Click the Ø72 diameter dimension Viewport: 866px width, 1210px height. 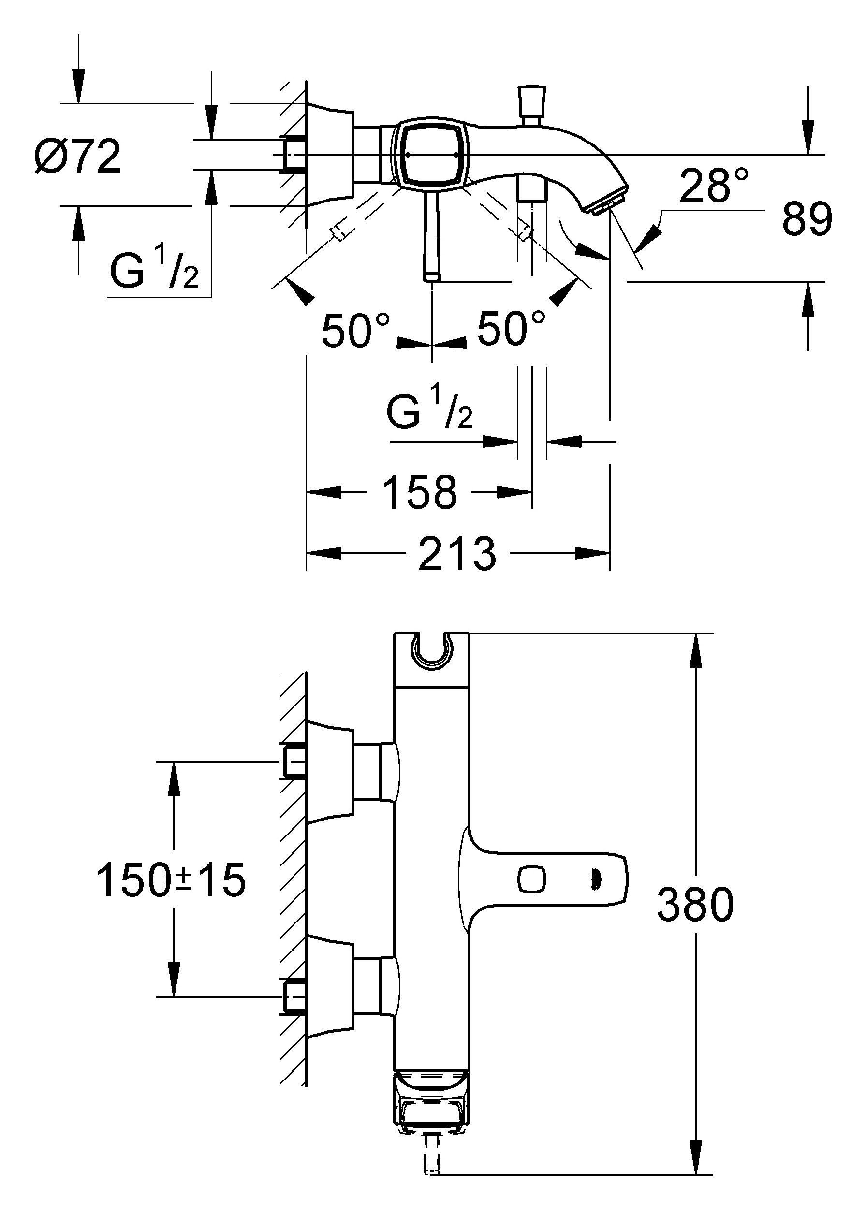78,157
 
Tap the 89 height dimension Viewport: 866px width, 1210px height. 806,219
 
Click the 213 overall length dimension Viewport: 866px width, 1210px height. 457,555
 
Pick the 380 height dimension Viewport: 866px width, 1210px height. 695,905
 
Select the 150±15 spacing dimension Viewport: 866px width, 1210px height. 171,880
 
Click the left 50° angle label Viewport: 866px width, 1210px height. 356,331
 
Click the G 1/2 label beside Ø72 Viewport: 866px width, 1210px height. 154,270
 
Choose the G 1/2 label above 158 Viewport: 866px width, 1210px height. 430,409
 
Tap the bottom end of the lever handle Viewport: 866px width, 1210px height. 431,276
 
